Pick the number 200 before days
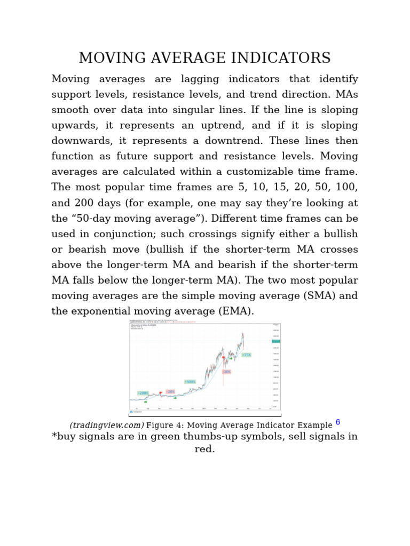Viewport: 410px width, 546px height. click(84, 203)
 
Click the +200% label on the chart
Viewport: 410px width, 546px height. click(143, 393)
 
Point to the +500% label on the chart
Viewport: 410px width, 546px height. click(190, 382)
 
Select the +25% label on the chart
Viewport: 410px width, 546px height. click(246, 355)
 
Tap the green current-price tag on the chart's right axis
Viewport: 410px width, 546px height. click(275, 341)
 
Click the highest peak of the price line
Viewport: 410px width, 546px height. click(243, 334)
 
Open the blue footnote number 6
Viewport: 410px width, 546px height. click(337, 422)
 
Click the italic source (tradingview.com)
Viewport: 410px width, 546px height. click(107, 425)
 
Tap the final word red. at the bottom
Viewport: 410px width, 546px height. click(205, 449)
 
